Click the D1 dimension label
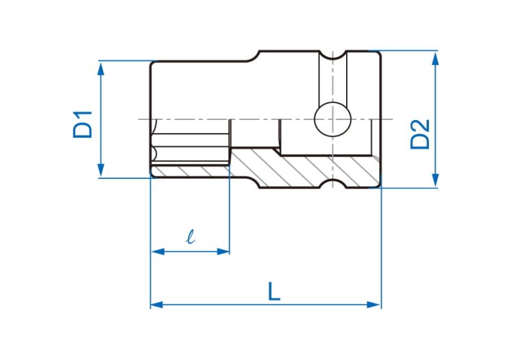tap(83, 125)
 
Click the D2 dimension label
tap(420, 134)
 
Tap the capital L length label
tap(274, 291)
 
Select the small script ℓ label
tap(190, 237)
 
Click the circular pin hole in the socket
tap(332, 119)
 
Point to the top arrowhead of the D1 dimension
tap(101, 69)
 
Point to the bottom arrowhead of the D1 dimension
tap(101, 170)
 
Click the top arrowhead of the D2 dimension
tap(435, 59)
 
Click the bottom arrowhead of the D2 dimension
tap(435, 180)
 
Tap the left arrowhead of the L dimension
tap(157, 304)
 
